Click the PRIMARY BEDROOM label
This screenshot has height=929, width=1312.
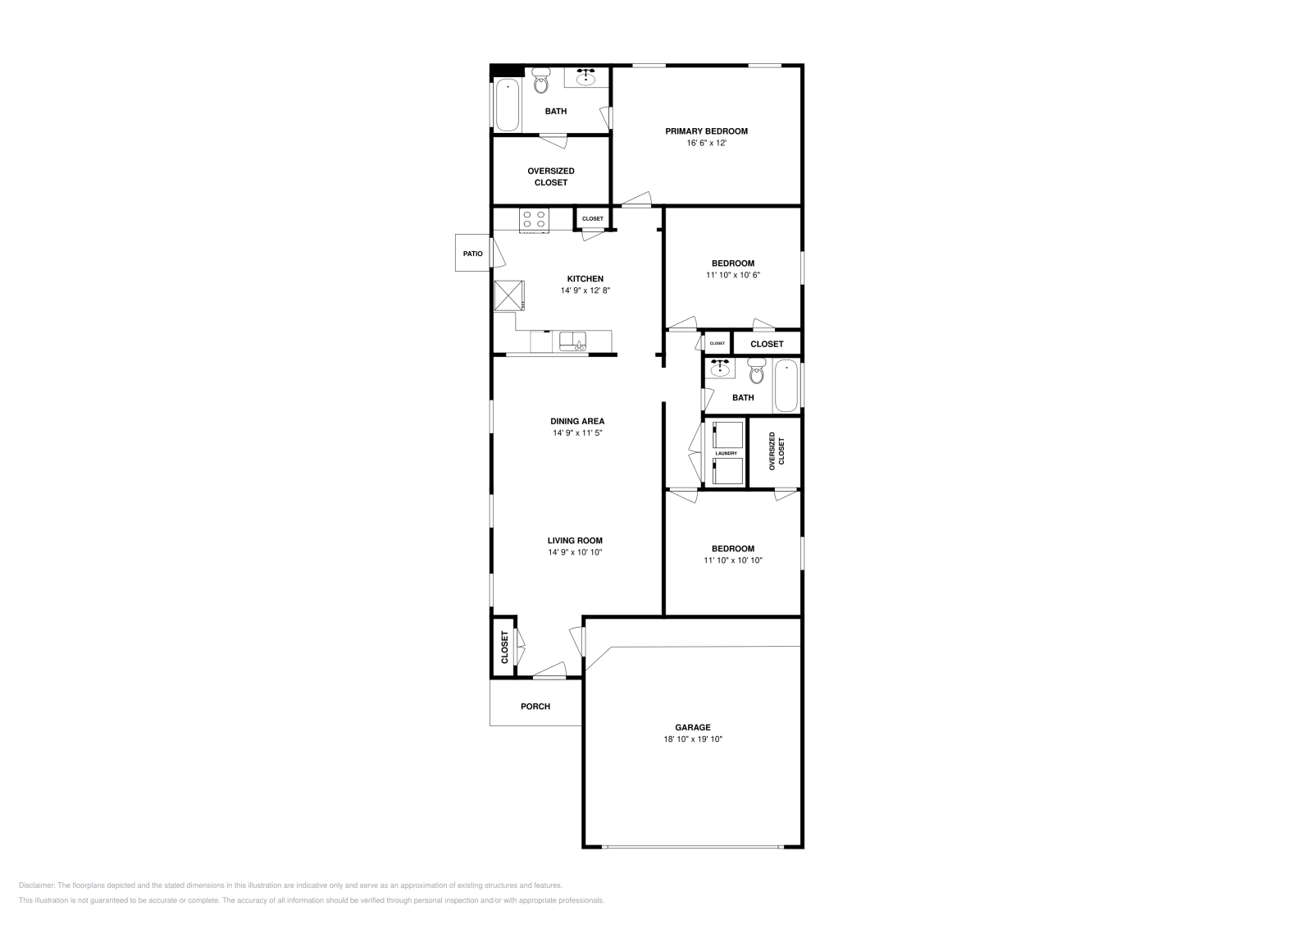click(706, 131)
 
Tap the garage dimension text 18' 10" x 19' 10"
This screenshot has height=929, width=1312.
click(693, 739)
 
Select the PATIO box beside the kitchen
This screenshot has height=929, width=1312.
click(473, 254)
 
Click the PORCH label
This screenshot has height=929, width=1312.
click(535, 707)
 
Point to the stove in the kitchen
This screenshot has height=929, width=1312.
click(535, 220)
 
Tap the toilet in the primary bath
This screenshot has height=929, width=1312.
click(541, 82)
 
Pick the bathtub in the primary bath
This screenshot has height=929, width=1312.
click(507, 104)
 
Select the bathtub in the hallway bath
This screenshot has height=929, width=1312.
click(786, 386)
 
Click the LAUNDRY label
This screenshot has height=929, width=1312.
click(726, 453)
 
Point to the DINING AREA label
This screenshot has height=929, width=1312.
click(577, 421)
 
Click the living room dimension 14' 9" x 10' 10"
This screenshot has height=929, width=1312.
click(575, 552)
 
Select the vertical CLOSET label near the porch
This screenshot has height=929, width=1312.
click(504, 647)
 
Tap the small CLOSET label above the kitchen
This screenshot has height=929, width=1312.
click(592, 219)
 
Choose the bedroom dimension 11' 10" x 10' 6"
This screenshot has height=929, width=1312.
click(732, 276)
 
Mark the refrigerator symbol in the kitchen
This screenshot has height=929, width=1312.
click(508, 295)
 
